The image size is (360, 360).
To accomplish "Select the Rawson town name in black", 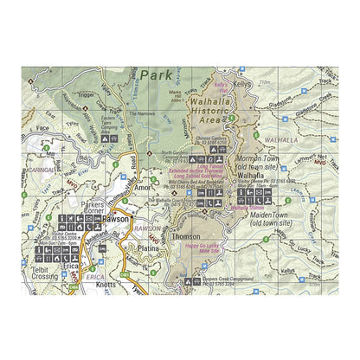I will pyautogui.click(x=114, y=220).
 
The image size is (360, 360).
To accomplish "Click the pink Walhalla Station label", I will pyautogui.click(x=248, y=208).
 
